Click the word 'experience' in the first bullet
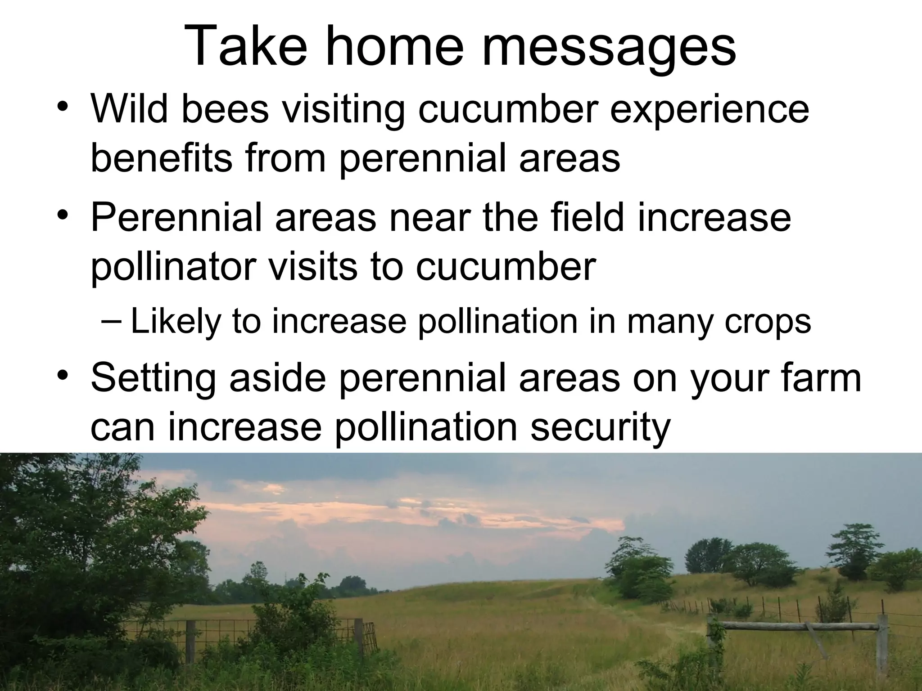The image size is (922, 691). pyautogui.click(x=709, y=110)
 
